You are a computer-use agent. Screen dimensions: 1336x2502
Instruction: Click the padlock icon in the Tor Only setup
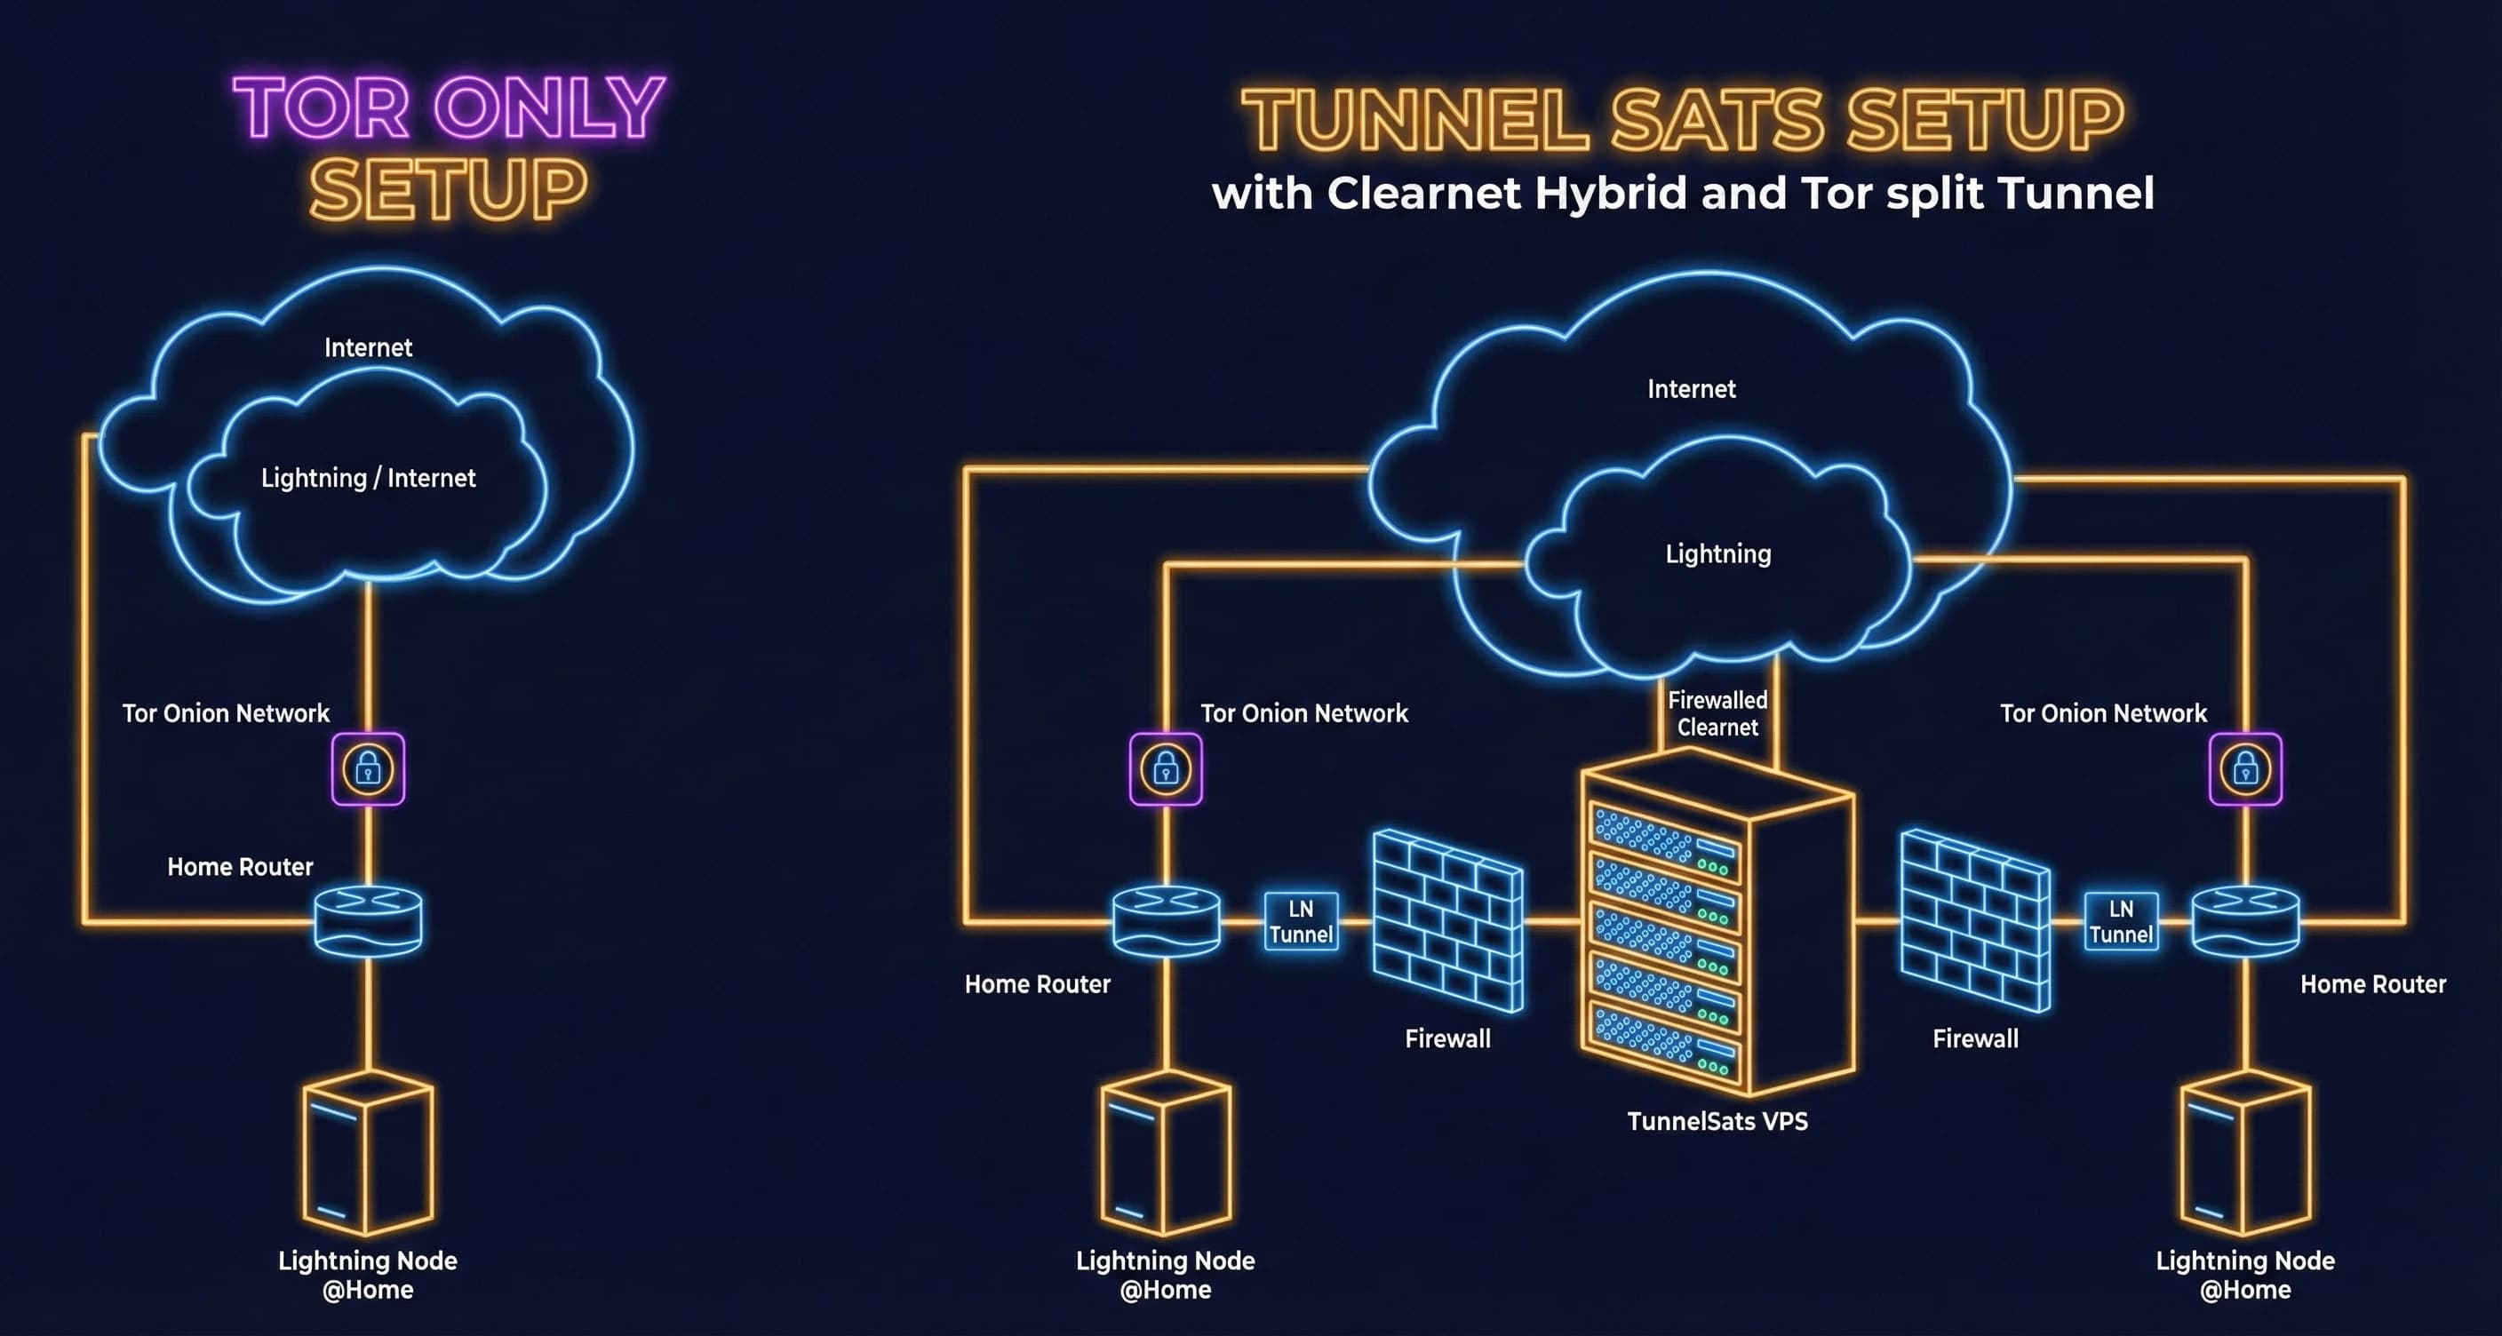[x=368, y=769]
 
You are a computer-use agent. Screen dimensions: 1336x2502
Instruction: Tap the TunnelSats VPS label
[x=1717, y=1121]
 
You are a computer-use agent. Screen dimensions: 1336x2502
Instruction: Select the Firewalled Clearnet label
[x=1717, y=713]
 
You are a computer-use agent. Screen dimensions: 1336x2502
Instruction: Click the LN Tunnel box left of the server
[x=1301, y=921]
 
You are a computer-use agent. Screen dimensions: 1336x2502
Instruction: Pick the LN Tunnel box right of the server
[x=2121, y=921]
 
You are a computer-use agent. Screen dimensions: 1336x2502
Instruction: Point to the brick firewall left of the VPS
[x=1447, y=920]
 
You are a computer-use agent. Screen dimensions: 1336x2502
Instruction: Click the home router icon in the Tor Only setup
[x=368, y=920]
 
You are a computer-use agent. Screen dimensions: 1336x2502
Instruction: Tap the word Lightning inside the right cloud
[x=1718, y=554]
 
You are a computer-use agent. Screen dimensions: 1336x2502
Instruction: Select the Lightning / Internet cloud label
[x=368, y=478]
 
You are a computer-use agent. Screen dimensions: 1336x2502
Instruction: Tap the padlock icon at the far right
[x=2245, y=769]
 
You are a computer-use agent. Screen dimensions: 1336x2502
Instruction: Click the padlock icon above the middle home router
[x=1166, y=769]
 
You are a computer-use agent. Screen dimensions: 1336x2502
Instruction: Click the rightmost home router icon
[x=2245, y=920]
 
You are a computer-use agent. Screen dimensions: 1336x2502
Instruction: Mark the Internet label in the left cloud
[x=368, y=347]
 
